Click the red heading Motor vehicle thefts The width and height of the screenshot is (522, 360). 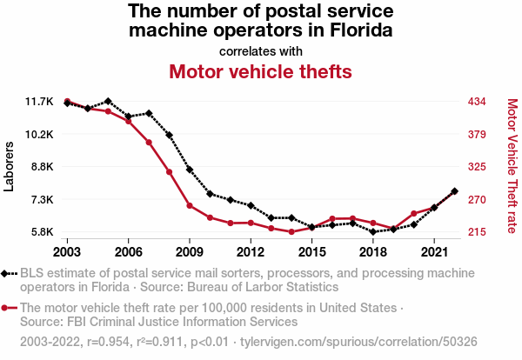click(260, 71)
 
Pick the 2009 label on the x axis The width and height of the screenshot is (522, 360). click(189, 252)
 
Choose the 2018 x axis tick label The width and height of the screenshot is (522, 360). click(372, 252)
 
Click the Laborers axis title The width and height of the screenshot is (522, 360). click(10, 166)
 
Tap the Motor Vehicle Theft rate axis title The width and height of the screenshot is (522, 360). click(512, 166)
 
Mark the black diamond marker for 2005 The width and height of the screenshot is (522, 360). click(108, 102)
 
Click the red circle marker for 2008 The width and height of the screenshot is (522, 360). click(170, 172)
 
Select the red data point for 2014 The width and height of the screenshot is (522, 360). click(291, 232)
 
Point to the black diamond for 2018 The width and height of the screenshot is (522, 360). click(373, 232)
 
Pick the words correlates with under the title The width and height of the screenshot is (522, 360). click(260, 50)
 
